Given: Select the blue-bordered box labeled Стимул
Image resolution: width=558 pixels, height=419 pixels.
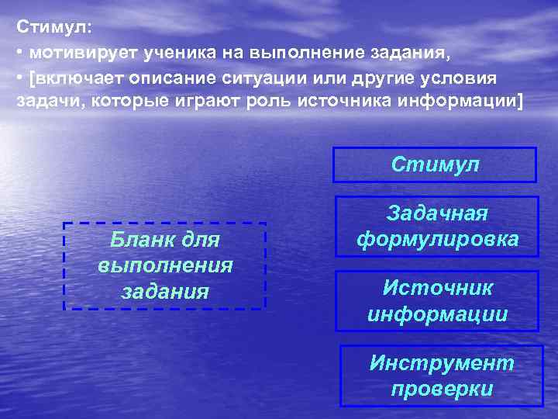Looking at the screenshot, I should point(434,164).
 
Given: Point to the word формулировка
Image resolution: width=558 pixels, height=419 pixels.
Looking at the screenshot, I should point(437,240).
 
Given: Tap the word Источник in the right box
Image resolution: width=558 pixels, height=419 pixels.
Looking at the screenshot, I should point(437,289).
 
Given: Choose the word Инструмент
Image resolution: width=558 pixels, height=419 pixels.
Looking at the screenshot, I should point(442,363).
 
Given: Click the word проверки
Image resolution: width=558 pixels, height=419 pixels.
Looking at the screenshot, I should point(442,388).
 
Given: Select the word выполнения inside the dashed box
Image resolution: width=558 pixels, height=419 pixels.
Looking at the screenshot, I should point(164,265).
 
